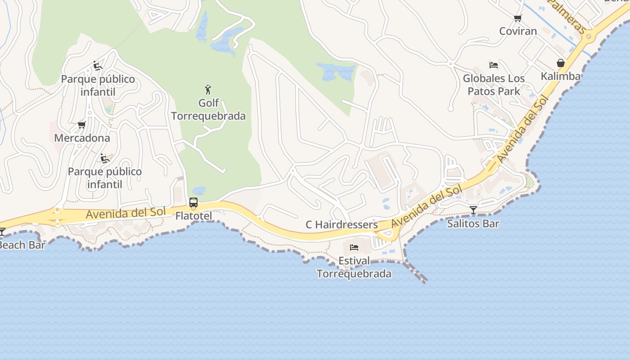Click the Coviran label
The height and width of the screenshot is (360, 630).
coord(518,31)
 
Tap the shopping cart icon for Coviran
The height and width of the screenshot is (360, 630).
coord(517,18)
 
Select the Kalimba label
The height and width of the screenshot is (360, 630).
coord(560,76)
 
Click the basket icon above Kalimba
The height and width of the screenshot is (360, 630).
coord(560,63)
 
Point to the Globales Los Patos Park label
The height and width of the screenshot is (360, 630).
coord(494,85)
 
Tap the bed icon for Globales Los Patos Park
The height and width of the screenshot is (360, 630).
coord(494,65)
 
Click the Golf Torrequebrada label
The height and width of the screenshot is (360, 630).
coord(208,109)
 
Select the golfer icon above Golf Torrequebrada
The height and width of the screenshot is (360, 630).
coord(208,89)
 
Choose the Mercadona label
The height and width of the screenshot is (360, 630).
coord(82,138)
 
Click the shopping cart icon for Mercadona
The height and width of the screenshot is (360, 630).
coord(81,125)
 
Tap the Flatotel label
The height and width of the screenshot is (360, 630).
coord(193,216)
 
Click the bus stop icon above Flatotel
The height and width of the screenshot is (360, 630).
coord(193,202)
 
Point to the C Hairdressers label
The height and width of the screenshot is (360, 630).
coord(342,224)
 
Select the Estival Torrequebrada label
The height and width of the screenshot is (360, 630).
coord(354,267)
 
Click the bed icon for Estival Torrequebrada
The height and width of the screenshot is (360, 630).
coord(354,247)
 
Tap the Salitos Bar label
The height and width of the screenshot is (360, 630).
coord(473,223)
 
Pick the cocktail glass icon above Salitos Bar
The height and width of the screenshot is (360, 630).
coord(473,210)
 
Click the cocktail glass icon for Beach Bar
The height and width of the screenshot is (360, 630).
coord(2,232)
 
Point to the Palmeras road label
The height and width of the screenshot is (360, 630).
coord(567,17)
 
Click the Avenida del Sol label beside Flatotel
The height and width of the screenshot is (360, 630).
coord(126,213)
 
